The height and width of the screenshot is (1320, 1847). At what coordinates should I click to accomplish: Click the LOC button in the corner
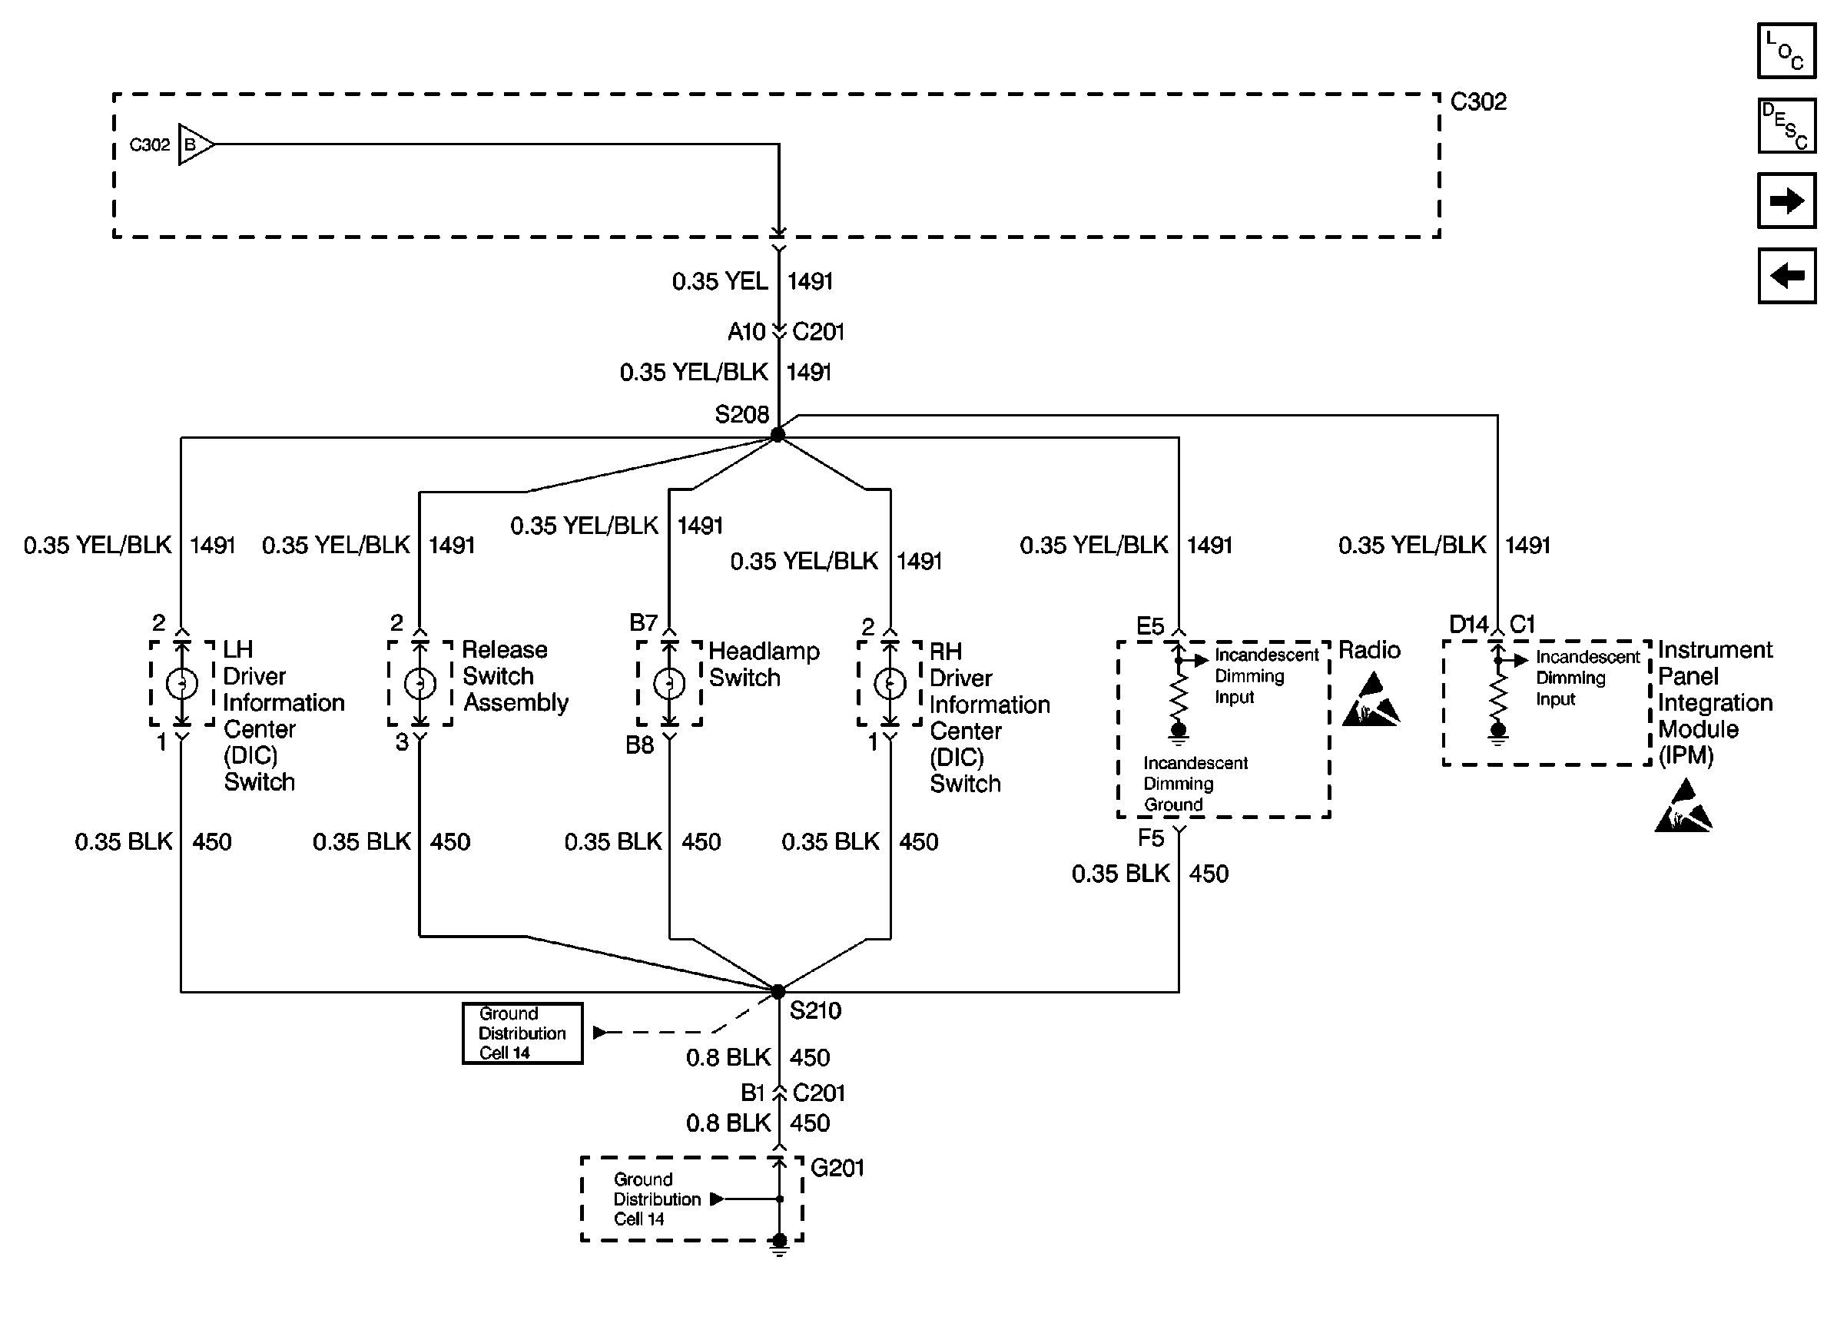click(x=1786, y=51)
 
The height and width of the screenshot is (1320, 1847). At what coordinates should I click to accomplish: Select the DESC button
click(x=1786, y=125)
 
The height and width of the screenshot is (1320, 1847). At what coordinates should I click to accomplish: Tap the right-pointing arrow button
click(x=1786, y=200)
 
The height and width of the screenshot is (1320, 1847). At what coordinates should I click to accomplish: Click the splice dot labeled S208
click(x=778, y=435)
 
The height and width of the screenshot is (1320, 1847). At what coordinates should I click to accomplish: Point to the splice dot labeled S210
click(x=778, y=992)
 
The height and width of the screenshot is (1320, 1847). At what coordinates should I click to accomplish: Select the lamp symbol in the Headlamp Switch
click(x=668, y=684)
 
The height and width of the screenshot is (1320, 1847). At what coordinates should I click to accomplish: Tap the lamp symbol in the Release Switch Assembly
click(x=420, y=684)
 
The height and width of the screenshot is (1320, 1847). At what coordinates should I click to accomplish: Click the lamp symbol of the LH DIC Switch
click(x=181, y=684)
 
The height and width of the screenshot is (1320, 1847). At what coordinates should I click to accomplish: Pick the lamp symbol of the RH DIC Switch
click(x=890, y=684)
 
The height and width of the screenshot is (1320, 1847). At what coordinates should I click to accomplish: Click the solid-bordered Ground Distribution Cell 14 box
click(x=522, y=1033)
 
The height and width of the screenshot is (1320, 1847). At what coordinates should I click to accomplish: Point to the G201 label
click(x=837, y=1168)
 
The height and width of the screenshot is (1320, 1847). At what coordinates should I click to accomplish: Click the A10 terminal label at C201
click(x=747, y=332)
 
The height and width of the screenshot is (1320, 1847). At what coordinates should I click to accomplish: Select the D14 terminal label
click(x=1469, y=624)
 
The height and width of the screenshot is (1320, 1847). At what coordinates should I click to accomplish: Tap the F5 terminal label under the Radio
click(x=1151, y=838)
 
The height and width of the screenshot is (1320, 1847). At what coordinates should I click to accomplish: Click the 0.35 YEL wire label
click(x=720, y=281)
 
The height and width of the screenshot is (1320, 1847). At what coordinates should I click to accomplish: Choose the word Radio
click(x=1370, y=650)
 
